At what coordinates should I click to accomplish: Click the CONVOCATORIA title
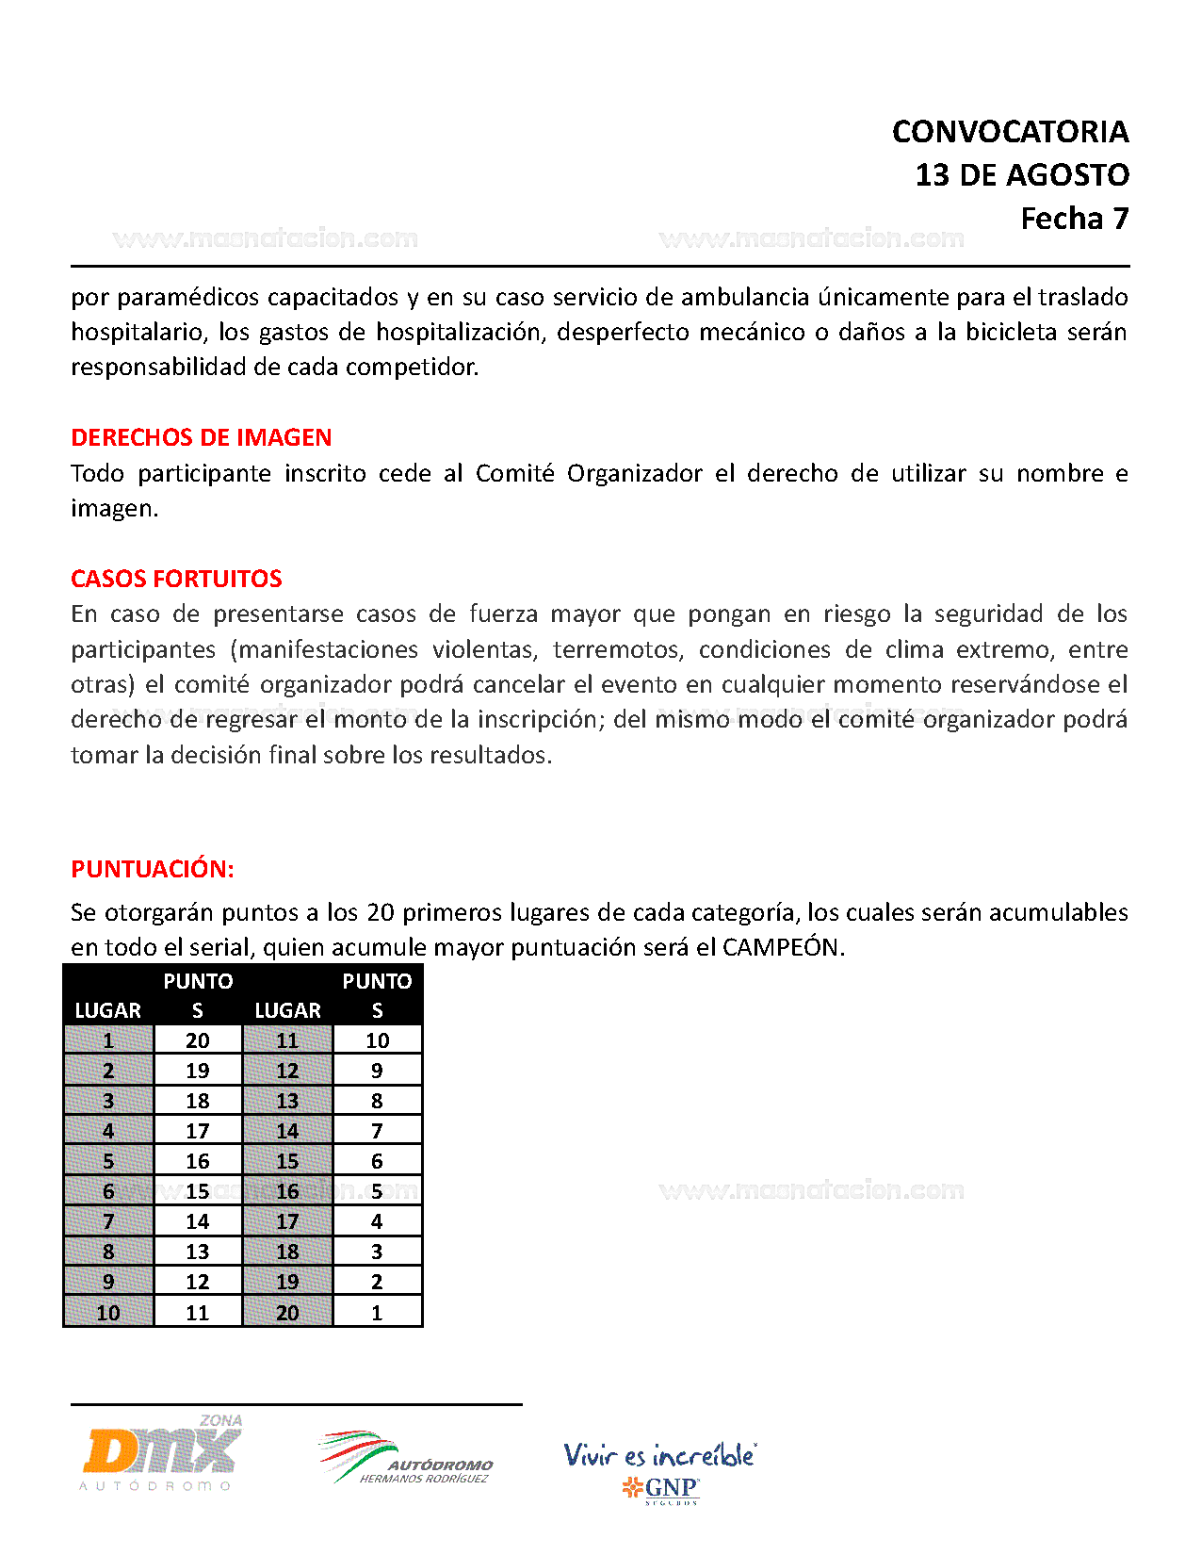(1010, 132)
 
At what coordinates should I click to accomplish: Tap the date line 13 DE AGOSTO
(1022, 175)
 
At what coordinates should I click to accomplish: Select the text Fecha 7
(1074, 219)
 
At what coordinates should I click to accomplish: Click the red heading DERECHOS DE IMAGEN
(201, 437)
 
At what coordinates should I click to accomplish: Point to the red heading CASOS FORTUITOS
(176, 579)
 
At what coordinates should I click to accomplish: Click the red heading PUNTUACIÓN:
(152, 869)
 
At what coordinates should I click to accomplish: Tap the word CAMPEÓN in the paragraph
(781, 947)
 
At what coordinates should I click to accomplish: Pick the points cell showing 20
(198, 1040)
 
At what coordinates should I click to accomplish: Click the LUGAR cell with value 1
(108, 1040)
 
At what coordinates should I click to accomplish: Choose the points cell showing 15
(198, 1191)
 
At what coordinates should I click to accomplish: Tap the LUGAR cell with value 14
(287, 1131)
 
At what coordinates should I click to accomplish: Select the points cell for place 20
(377, 1312)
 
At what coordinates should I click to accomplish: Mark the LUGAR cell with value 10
(108, 1312)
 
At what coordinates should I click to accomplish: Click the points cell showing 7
(377, 1131)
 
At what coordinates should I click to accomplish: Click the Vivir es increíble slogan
(659, 1455)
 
